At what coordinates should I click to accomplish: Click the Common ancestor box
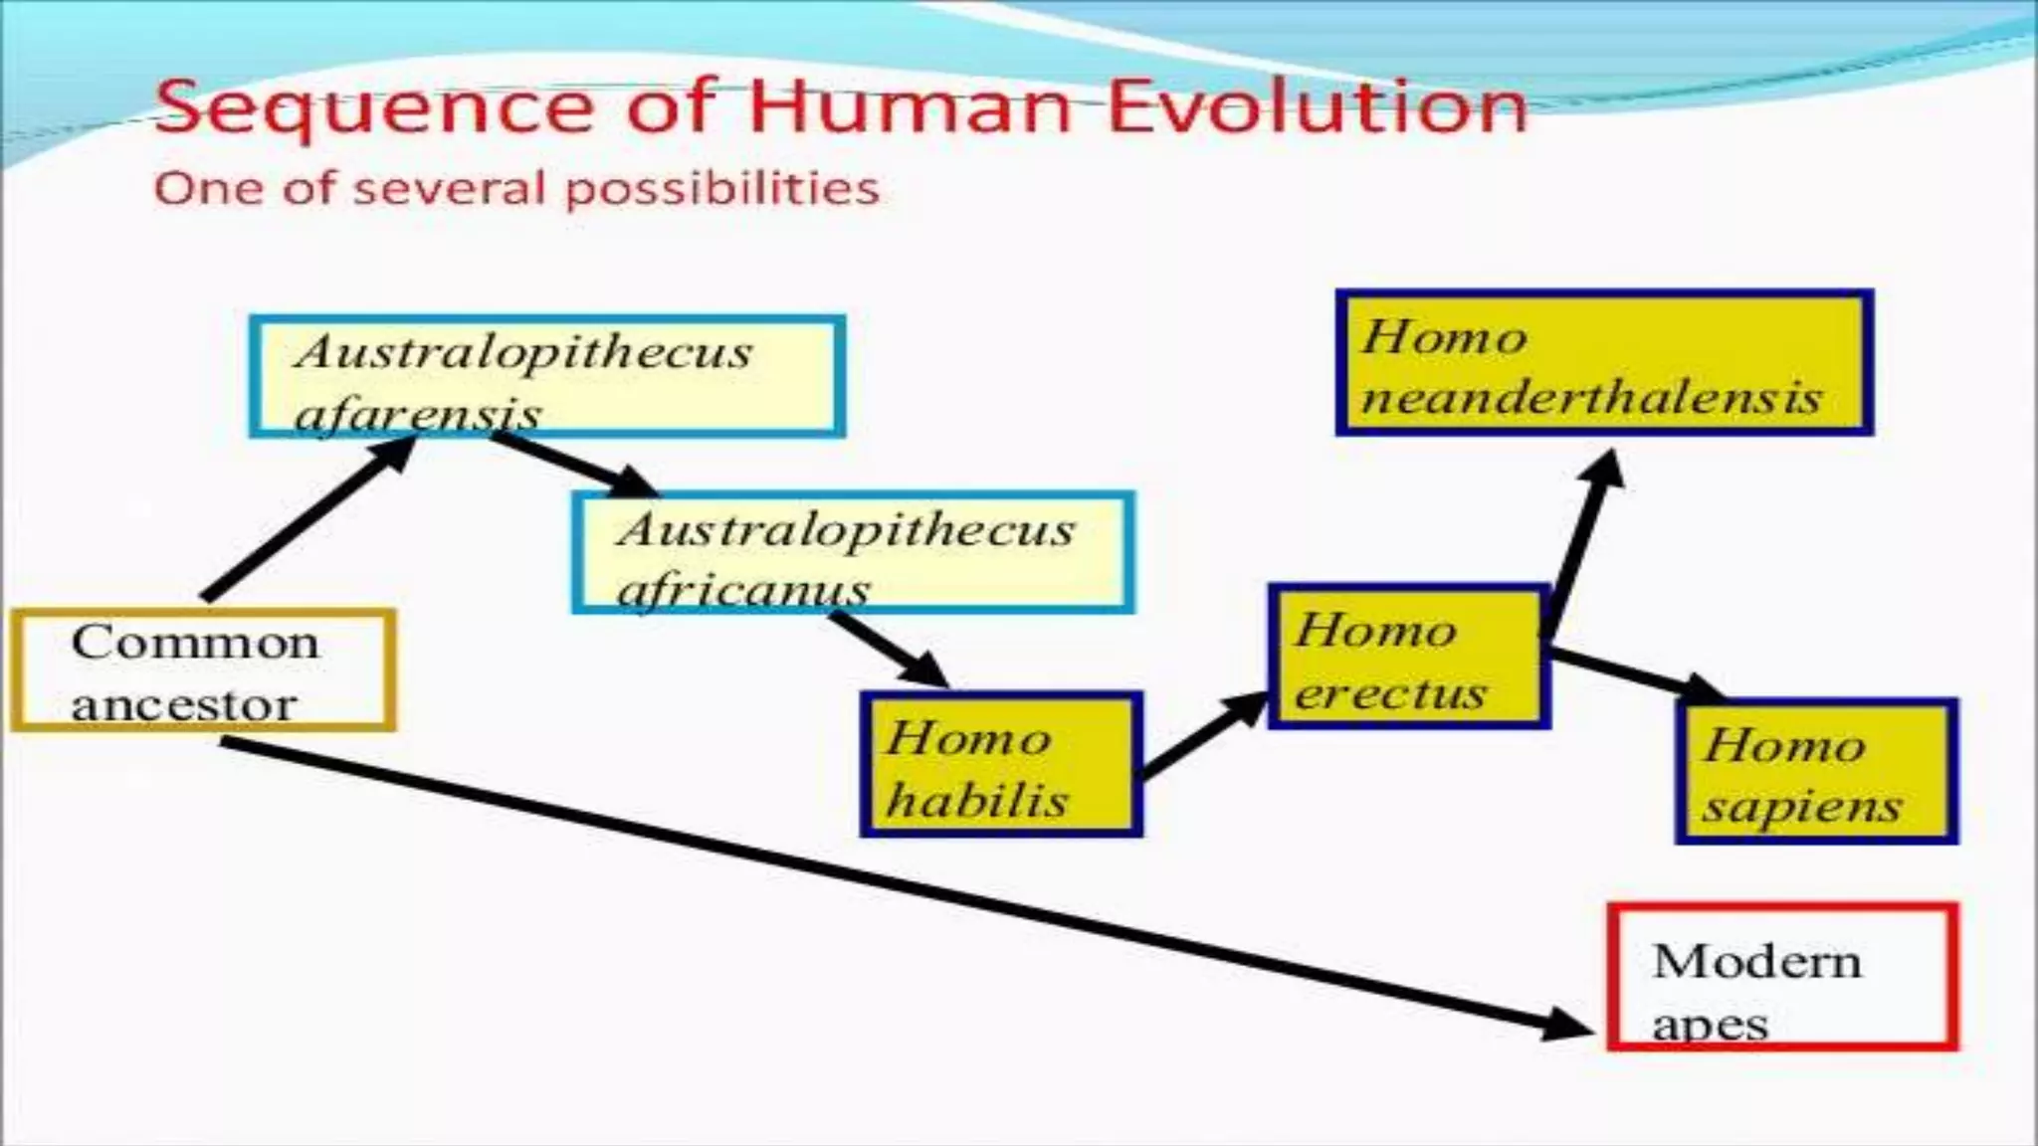203,670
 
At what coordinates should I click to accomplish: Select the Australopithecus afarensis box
546,376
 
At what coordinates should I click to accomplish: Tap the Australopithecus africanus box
853,552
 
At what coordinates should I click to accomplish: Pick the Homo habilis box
1001,764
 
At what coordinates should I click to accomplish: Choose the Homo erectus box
1408,657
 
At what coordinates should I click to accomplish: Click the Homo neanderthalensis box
1603,363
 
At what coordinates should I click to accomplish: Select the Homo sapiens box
1816,772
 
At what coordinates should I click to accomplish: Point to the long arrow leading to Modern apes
896,885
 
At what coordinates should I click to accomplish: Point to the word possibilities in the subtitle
722,189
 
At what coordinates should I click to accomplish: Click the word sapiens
1801,806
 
